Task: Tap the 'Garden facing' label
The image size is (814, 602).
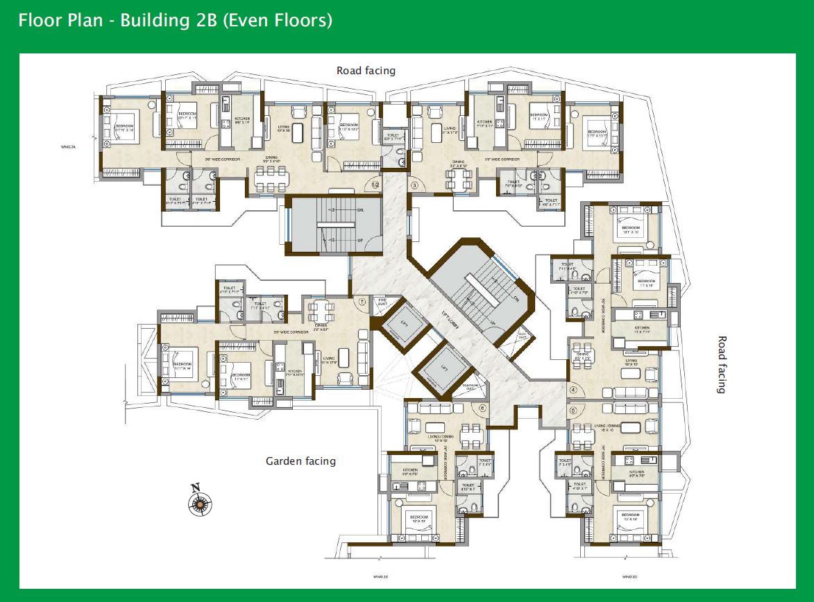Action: click(300, 461)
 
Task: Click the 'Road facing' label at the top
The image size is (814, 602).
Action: click(366, 71)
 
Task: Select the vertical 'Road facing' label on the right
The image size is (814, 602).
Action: click(722, 365)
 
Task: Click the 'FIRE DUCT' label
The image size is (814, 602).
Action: click(382, 302)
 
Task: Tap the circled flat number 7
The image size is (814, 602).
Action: click(362, 302)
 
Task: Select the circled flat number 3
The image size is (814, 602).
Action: click(415, 185)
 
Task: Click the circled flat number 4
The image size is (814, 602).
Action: click(573, 390)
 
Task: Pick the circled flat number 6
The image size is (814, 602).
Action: click(482, 408)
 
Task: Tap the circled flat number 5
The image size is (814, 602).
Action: click(573, 409)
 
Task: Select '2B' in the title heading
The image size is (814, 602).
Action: click(201, 20)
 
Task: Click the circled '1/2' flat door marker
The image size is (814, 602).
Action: click(375, 185)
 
